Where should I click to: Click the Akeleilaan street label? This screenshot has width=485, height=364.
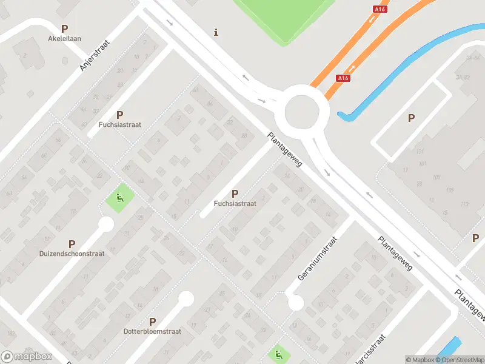click(x=65, y=38)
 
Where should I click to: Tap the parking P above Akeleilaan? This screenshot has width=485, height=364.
click(x=65, y=28)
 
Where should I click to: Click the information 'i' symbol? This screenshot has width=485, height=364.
click(x=216, y=32)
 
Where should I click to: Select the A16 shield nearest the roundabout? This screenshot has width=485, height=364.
click(x=343, y=78)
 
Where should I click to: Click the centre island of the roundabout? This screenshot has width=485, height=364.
click(x=302, y=112)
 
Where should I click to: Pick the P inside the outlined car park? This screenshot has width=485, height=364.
click(x=412, y=118)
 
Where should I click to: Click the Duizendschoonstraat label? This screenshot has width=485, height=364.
click(x=72, y=254)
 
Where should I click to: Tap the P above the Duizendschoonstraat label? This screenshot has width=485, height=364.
click(x=72, y=243)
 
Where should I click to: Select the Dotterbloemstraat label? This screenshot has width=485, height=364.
click(x=153, y=331)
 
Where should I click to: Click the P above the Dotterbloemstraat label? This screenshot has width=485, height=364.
click(x=153, y=322)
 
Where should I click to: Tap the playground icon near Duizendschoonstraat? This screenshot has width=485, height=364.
click(x=119, y=198)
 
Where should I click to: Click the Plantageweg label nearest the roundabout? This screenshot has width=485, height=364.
click(x=285, y=152)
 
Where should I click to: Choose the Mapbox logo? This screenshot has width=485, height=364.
click(x=27, y=357)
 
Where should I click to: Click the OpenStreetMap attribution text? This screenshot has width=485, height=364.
click(x=458, y=360)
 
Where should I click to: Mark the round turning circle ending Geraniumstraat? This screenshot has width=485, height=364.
click(x=296, y=302)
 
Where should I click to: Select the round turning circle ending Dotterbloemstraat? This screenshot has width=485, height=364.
click(x=186, y=298)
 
